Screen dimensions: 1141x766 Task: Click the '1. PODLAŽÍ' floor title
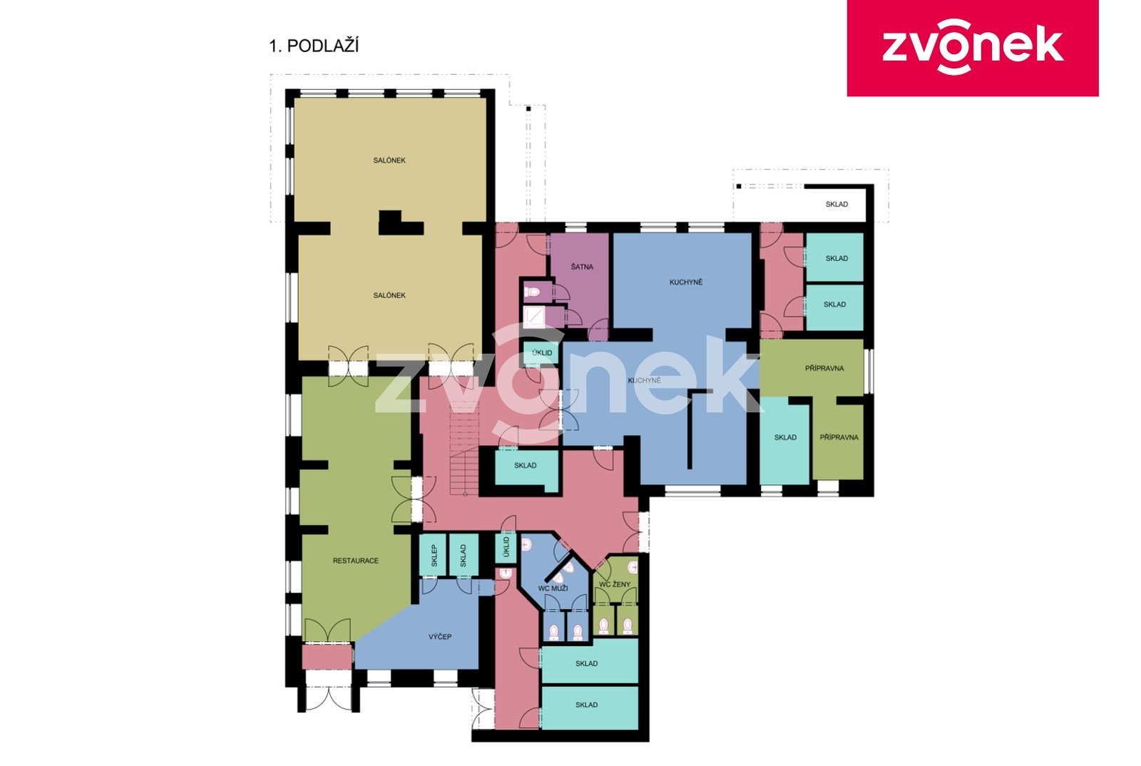click(x=314, y=46)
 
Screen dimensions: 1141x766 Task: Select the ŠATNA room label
click(x=582, y=267)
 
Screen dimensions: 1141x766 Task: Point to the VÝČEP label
click(x=440, y=637)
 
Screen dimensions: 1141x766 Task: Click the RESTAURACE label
click(x=356, y=561)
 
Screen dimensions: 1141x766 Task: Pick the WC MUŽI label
click(x=553, y=588)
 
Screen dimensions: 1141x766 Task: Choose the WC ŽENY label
click(x=615, y=585)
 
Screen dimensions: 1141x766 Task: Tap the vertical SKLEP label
click(x=434, y=556)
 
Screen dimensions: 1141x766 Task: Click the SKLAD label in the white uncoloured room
click(x=837, y=204)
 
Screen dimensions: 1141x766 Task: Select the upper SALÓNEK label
click(x=389, y=160)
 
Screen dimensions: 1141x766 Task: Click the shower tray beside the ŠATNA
click(x=534, y=317)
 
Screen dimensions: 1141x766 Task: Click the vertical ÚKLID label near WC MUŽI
click(x=506, y=548)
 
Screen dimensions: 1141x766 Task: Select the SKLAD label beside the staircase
click(x=525, y=466)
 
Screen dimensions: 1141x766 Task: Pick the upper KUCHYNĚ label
click(x=685, y=282)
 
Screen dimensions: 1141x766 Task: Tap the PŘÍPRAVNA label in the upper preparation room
click(x=824, y=368)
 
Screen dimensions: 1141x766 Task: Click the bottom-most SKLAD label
click(x=586, y=705)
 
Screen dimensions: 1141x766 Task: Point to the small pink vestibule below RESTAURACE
click(x=327, y=657)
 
